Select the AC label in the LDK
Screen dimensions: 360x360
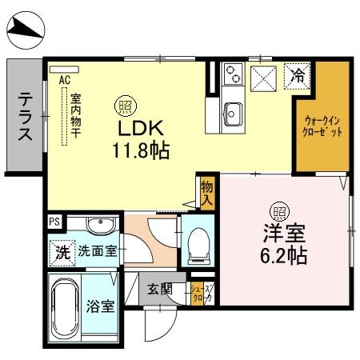[65, 79]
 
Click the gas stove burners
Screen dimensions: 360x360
[234, 74]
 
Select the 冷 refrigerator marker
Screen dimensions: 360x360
[298, 77]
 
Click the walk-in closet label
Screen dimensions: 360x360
[323, 126]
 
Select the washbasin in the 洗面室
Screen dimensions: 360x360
[100, 224]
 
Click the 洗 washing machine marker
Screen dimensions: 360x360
[62, 251]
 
